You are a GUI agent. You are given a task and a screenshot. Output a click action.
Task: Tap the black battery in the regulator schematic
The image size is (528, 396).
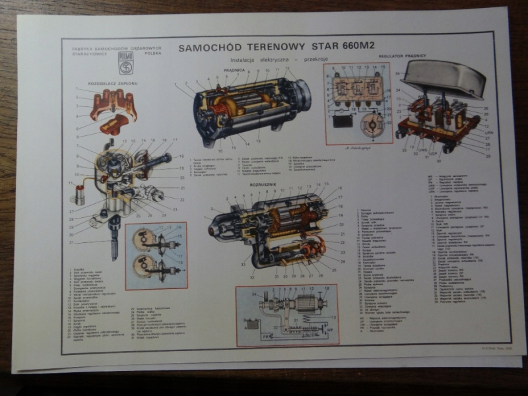pos(343,121)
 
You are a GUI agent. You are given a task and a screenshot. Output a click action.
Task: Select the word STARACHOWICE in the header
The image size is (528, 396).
pos(86,54)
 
